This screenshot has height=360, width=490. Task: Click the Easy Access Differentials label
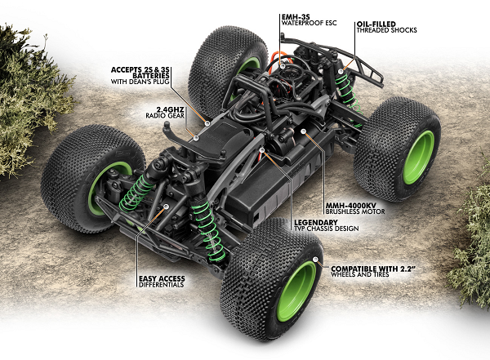point(160,281)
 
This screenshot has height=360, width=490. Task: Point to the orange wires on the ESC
point(278,61)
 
